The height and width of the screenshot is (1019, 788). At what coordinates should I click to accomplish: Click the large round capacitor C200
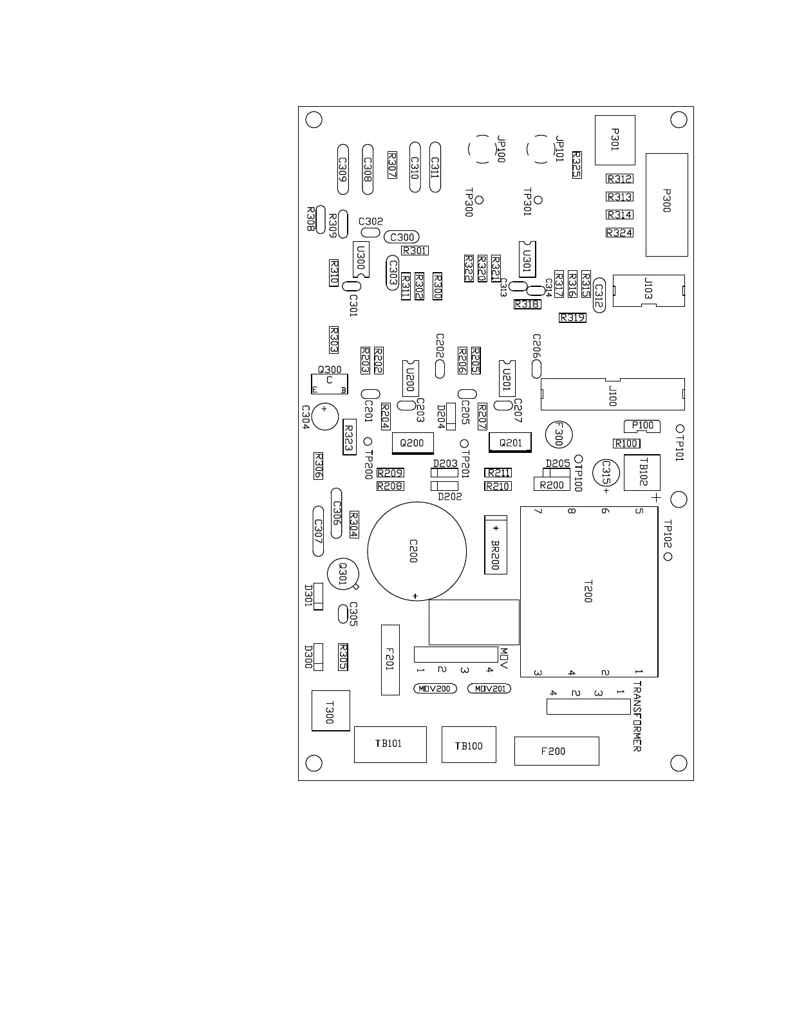(417, 551)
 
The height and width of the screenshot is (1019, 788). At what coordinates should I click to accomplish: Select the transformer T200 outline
(588, 591)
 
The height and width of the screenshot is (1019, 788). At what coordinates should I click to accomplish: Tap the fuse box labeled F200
(556, 751)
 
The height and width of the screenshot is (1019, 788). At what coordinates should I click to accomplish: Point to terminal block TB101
(390, 744)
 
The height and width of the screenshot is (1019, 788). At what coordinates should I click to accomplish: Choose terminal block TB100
(469, 745)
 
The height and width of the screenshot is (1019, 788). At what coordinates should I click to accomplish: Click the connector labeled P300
(666, 204)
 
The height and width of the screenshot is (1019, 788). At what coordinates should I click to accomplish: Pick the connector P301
(615, 140)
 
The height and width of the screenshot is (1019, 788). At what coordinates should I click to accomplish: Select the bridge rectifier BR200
(495, 544)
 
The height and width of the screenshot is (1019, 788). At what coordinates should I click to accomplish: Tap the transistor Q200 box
(412, 443)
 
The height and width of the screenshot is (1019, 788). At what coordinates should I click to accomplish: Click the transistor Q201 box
(510, 443)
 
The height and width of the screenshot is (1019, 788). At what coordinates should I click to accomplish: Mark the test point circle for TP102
(668, 556)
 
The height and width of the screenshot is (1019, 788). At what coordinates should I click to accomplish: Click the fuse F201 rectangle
(390, 659)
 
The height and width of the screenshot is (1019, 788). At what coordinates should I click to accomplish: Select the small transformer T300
(330, 711)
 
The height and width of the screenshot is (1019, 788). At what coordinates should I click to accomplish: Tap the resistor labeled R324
(619, 233)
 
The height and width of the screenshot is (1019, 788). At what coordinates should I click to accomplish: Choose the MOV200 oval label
(435, 688)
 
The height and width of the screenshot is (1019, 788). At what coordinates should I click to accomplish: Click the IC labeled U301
(527, 259)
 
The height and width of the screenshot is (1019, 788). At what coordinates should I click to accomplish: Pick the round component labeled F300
(558, 436)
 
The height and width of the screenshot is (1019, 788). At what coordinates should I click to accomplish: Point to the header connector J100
(612, 394)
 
